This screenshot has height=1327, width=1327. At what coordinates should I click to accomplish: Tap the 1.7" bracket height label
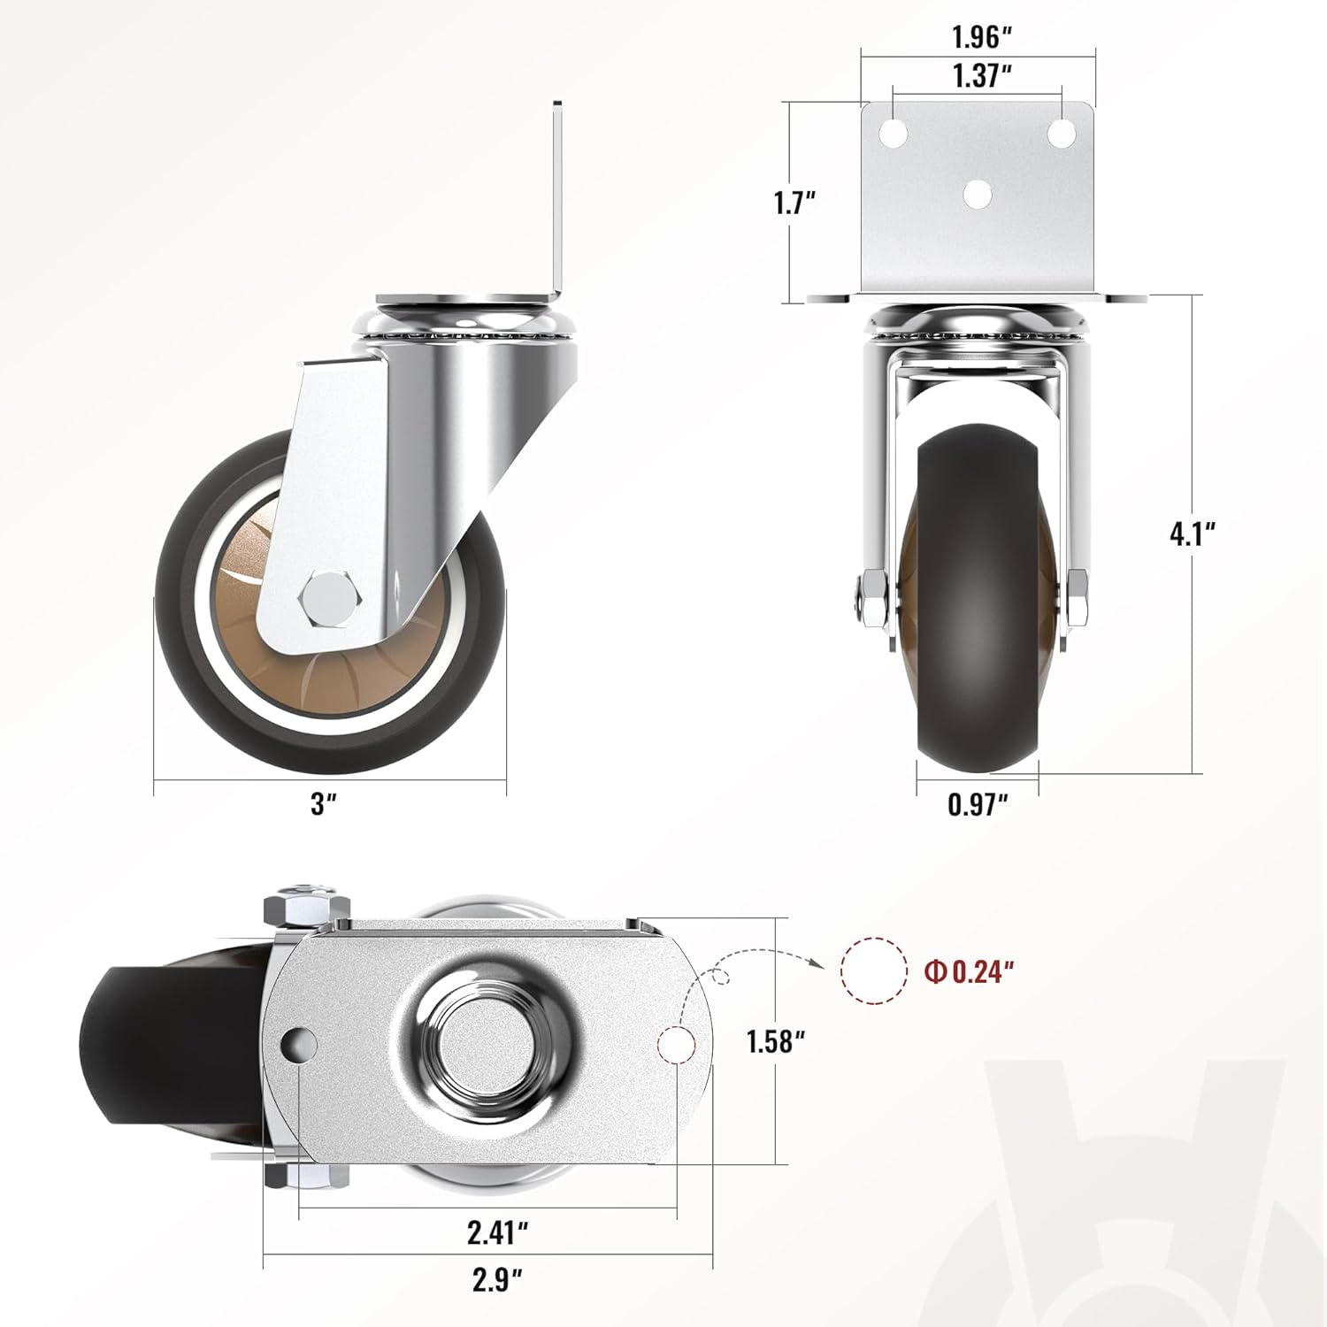(x=794, y=203)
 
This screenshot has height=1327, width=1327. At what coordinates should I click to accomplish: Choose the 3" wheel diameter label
(x=325, y=804)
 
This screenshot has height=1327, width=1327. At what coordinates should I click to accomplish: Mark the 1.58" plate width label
(x=775, y=1041)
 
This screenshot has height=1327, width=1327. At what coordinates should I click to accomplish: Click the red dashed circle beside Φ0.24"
(x=874, y=970)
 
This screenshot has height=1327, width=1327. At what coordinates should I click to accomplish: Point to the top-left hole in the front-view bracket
(x=894, y=134)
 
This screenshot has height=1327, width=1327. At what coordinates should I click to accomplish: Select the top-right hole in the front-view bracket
(x=1062, y=133)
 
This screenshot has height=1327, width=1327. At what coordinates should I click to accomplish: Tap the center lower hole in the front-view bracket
(x=977, y=194)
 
